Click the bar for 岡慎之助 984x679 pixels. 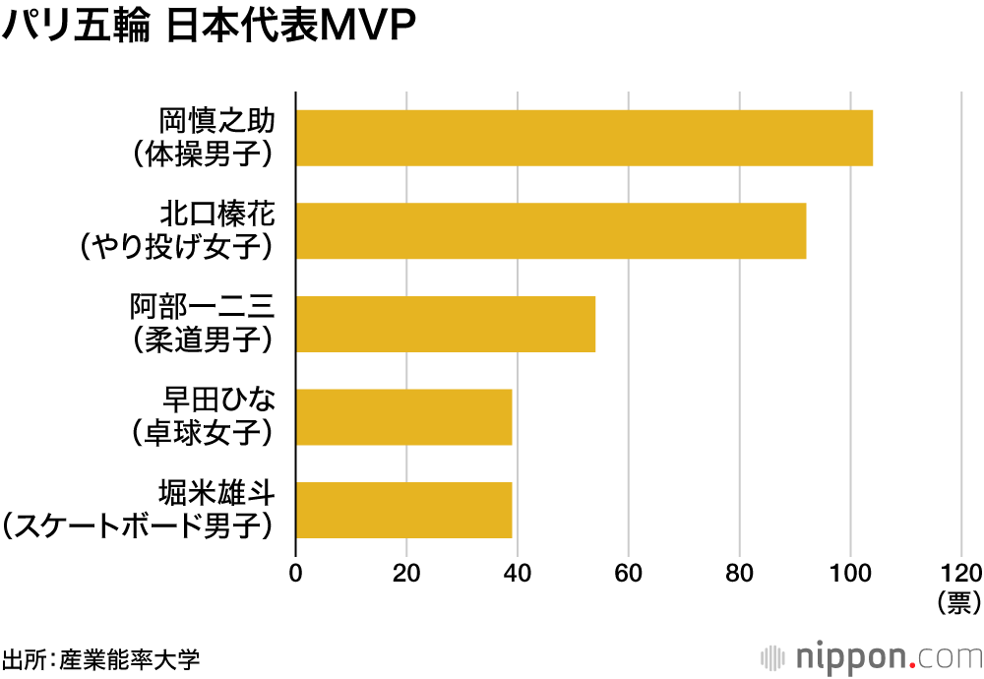[584, 138]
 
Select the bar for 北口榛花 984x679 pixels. [551, 230]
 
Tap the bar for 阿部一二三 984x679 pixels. [446, 324]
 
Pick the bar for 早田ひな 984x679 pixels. [403, 416]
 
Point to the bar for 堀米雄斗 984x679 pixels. [403, 510]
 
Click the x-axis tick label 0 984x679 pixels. [295, 574]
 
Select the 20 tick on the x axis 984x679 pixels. [406, 574]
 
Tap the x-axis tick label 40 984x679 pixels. [518, 574]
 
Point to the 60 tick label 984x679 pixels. [629, 574]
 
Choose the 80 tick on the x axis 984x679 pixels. [740, 574]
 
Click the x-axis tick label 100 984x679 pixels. [851, 574]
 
